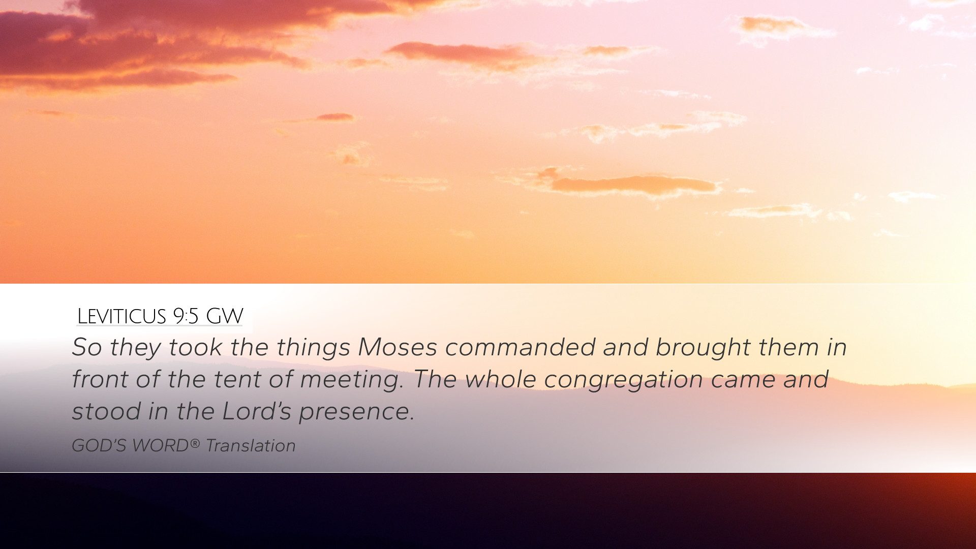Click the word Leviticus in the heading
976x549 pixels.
[121, 316]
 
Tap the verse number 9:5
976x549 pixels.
[186, 316]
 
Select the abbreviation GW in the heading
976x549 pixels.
[225, 316]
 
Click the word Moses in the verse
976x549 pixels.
[398, 347]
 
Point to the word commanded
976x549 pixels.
[520, 347]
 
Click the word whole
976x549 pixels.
[501, 379]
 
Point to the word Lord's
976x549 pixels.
[257, 411]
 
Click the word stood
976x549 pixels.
[106, 411]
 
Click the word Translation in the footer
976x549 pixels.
[251, 446]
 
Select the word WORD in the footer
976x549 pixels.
[160, 446]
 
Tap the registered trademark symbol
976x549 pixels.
[195, 443]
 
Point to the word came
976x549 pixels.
[743, 380]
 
